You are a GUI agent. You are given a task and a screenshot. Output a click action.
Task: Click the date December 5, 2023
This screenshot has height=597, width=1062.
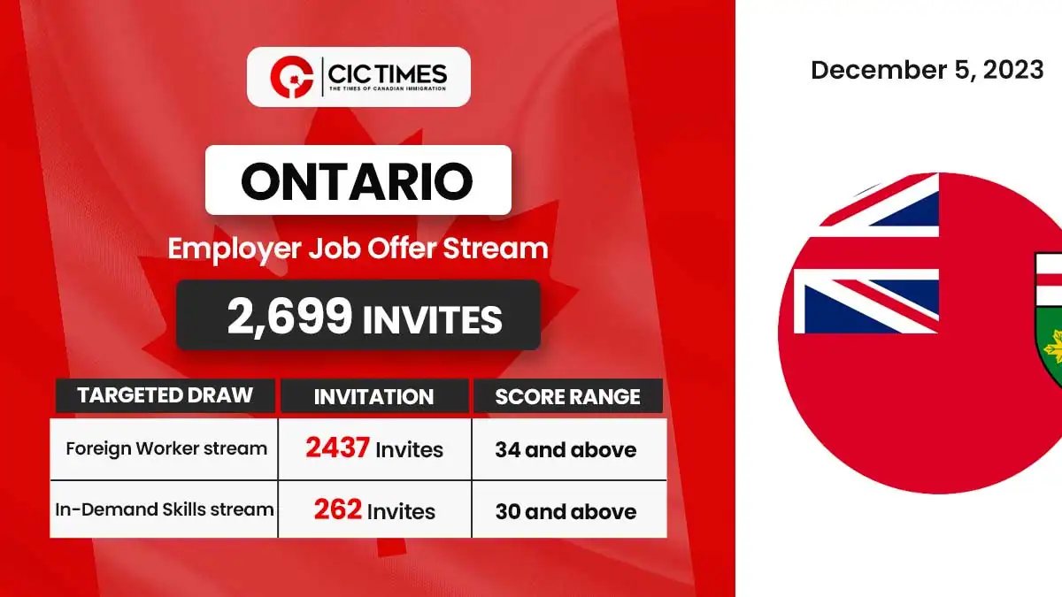[927, 70]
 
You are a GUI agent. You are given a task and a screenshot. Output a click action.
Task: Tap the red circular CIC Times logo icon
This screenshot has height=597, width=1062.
[292, 77]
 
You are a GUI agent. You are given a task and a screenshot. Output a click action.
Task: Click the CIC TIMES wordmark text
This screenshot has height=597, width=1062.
[387, 74]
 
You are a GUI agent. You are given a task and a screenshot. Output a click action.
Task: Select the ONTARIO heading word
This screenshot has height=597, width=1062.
[357, 180]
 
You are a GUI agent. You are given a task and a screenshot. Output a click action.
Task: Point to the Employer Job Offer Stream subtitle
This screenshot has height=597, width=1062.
[358, 249]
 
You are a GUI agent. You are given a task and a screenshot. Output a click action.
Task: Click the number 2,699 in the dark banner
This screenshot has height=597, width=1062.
[289, 316]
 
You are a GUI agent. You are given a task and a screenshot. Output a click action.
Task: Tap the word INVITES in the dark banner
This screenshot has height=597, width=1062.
[433, 320]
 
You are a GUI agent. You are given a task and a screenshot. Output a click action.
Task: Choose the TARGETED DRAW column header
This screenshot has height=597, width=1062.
[165, 395]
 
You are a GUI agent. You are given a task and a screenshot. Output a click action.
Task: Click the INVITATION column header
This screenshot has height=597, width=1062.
[373, 396]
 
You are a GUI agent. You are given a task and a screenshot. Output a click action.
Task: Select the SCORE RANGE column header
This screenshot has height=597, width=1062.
[567, 396]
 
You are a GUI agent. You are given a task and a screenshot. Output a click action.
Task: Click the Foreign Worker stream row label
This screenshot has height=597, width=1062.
[166, 448]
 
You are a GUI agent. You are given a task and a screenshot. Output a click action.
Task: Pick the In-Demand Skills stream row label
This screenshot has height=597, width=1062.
[165, 509]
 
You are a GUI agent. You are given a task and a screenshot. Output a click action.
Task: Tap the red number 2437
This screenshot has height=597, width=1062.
[337, 448]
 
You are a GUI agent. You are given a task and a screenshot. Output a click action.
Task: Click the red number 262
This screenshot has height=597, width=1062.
[337, 509]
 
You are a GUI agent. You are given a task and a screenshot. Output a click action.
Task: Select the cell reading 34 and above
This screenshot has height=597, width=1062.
[566, 449]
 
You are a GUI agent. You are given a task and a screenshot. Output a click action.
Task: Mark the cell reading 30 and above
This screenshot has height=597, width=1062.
[566, 512]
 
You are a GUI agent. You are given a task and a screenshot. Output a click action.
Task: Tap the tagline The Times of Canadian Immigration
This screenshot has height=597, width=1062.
[388, 88]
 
